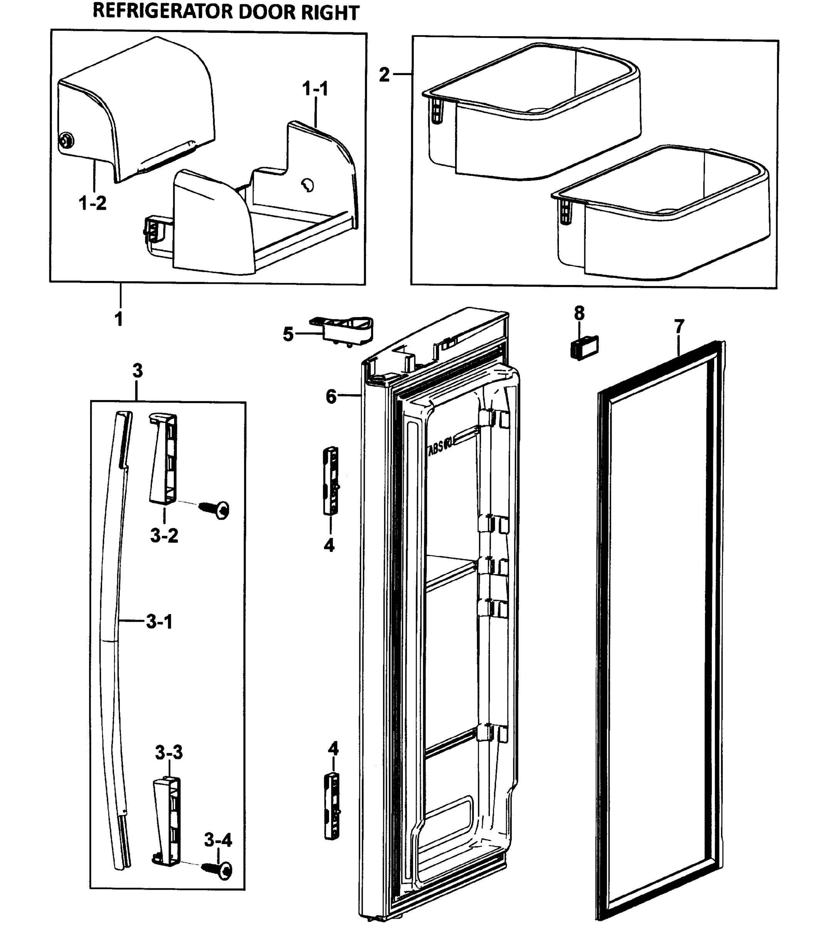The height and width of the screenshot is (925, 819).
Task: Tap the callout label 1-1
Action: point(315,89)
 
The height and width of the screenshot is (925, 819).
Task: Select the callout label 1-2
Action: point(93,203)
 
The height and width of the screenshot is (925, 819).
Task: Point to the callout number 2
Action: point(384,75)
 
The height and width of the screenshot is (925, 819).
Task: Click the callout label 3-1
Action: point(159,622)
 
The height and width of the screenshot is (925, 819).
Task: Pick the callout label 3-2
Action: point(164,536)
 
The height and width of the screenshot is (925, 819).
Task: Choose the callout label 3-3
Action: point(169,753)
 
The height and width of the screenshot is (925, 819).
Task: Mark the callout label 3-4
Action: point(218,840)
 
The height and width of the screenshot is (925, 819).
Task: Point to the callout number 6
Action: point(331,397)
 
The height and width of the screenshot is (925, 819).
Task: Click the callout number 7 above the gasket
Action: point(679,326)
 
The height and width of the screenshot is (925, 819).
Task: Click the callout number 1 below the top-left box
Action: point(119,320)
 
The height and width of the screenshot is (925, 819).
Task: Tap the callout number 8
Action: point(579,313)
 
